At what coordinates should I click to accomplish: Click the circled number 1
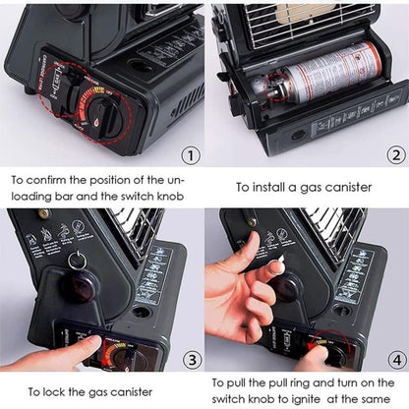192,154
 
